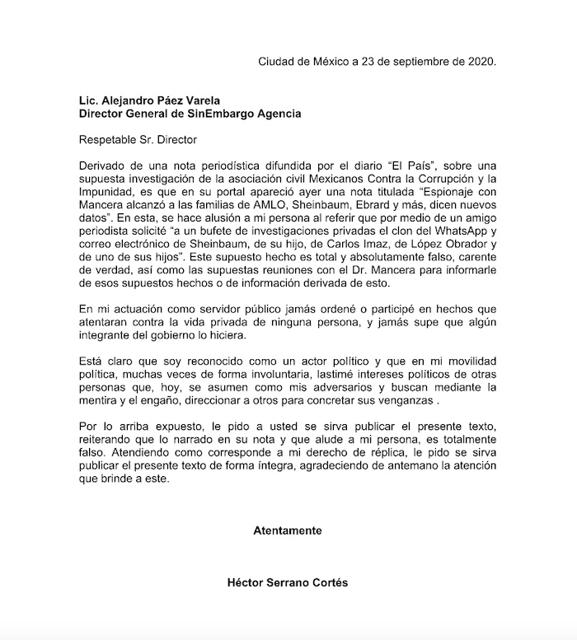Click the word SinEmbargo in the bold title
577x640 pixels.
point(216,113)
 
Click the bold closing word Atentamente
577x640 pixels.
point(288,530)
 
